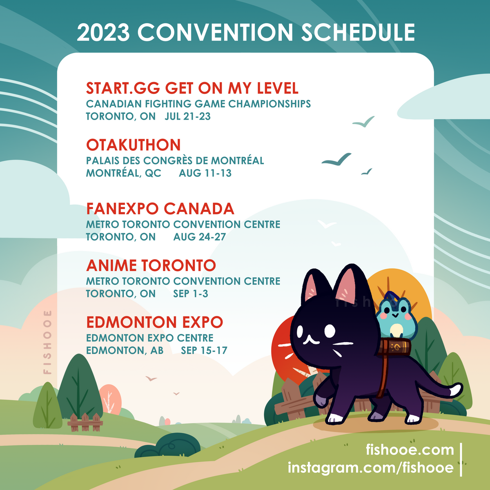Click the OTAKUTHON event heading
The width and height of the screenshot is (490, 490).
(133, 145)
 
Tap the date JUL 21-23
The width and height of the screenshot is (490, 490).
(188, 116)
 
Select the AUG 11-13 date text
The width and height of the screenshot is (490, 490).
(205, 173)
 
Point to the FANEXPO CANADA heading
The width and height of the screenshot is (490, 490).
(160, 209)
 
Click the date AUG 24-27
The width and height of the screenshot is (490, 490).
(200, 237)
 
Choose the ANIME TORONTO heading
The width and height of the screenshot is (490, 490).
(151, 265)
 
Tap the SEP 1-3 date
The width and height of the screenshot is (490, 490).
(191, 294)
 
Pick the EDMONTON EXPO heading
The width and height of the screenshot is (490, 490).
(155, 322)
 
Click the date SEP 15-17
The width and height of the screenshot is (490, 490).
(204, 350)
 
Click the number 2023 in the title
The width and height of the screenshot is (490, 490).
(103, 32)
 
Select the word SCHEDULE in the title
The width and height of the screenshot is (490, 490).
(358, 32)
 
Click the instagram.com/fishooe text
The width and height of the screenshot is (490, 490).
(371, 468)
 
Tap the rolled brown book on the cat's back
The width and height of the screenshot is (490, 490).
(394, 347)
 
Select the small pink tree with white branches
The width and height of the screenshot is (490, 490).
(110, 400)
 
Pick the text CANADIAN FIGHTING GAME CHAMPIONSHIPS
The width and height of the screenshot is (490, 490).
(198, 104)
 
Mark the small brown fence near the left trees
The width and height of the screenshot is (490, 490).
(85, 423)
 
